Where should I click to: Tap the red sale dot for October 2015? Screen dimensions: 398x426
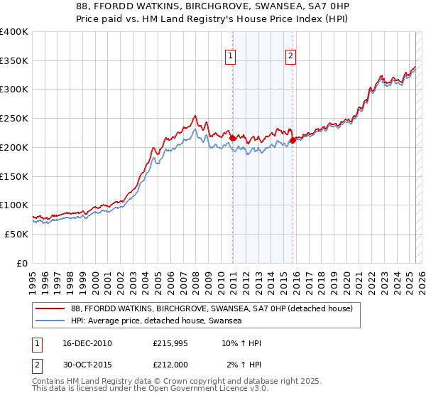293,141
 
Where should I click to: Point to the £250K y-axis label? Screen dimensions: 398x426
13,119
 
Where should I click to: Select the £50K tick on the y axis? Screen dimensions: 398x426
16,234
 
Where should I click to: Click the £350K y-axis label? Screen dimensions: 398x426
13,61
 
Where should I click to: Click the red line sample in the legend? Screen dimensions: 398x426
50,308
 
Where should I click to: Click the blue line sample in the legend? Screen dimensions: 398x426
50,321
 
